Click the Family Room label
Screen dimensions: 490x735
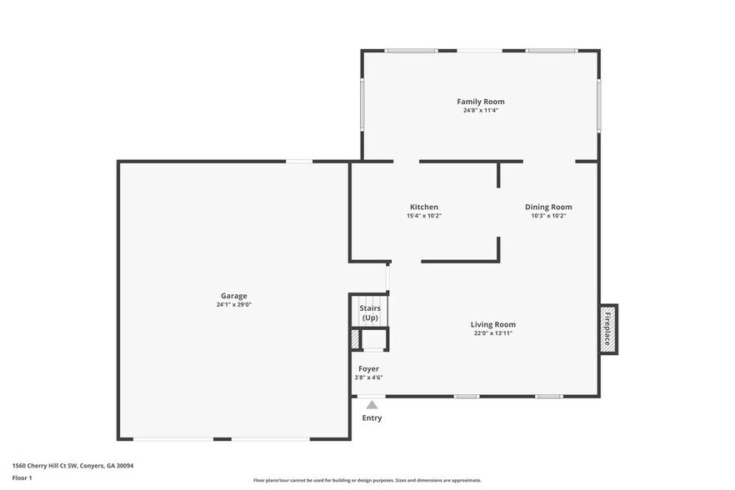tap(480, 102)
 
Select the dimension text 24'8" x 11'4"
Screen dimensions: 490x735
tap(480, 110)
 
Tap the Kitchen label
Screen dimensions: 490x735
tap(423, 207)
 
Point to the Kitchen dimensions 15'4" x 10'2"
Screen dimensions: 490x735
tap(423, 216)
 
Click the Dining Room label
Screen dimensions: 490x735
tap(548, 207)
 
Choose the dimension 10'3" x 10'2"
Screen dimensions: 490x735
tap(548, 216)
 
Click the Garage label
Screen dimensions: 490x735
tap(233, 296)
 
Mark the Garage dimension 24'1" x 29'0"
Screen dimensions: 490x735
tap(233, 304)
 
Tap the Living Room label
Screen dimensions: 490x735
tap(492, 324)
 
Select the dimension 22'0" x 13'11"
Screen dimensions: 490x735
tap(492, 333)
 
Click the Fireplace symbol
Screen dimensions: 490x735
tap(607, 328)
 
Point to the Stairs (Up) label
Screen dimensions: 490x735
tap(369, 313)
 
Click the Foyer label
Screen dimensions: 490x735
tap(368, 368)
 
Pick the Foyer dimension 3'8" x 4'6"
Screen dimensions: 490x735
tap(368, 377)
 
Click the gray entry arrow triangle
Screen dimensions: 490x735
tap(372, 405)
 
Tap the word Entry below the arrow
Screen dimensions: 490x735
tap(372, 417)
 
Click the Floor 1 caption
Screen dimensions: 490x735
tap(22, 477)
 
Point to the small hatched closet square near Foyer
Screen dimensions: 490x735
tap(355, 340)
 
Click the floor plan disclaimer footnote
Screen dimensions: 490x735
tap(367, 480)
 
